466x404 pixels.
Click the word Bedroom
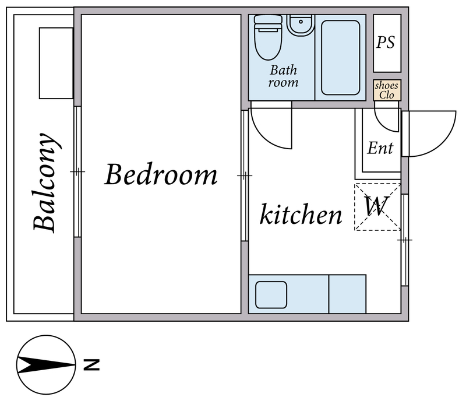(161, 174)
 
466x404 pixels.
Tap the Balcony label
(45, 182)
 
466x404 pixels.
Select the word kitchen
(301, 213)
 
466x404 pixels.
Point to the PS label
(386, 42)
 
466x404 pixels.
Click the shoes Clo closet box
(387, 90)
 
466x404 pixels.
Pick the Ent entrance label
(380, 148)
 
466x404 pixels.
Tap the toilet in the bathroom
(268, 37)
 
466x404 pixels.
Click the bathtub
(341, 58)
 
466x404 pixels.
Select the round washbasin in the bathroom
(301, 25)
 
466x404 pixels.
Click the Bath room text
(283, 76)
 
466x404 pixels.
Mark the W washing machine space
(377, 207)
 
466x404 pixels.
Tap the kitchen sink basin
(271, 295)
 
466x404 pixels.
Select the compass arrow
(46, 365)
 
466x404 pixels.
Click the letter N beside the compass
(91, 365)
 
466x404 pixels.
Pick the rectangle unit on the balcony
(56, 63)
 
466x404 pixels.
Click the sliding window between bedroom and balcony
(77, 171)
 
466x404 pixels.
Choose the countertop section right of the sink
(347, 294)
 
